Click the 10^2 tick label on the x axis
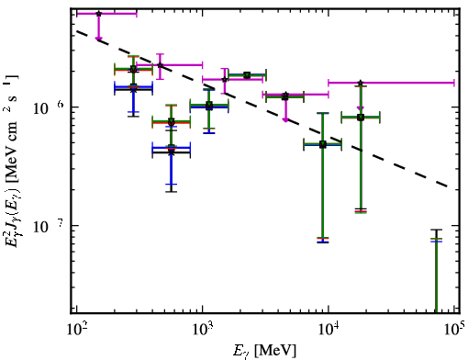click(77, 330)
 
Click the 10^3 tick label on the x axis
click(203, 330)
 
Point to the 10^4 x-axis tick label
click(329, 330)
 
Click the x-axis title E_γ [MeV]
click(265, 351)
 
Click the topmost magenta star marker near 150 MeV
click(98, 14)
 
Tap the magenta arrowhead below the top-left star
click(98, 39)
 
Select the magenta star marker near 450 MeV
click(160, 65)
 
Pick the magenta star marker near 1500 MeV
click(225, 79)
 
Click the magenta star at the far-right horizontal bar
click(361, 83)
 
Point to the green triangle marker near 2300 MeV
click(247, 75)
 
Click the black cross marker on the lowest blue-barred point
click(172, 152)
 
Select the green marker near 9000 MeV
click(323, 144)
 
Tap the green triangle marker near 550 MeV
click(172, 122)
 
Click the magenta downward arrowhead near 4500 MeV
click(285, 119)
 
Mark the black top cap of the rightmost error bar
click(437, 230)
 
